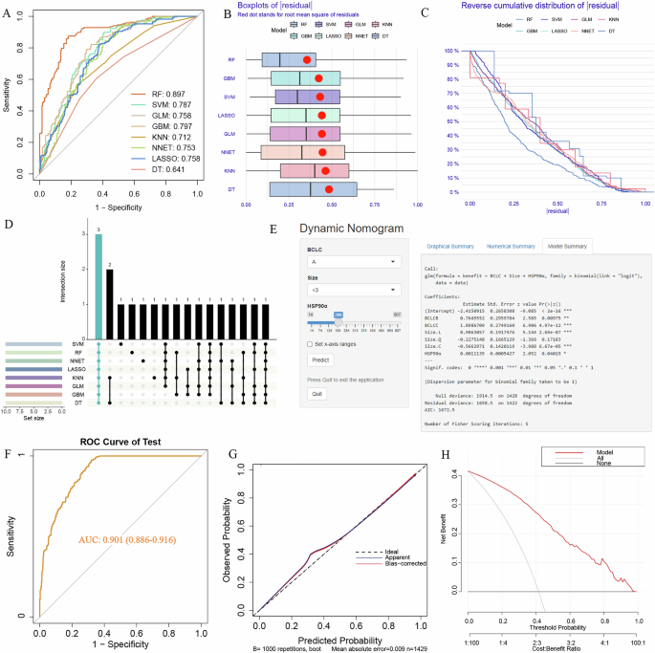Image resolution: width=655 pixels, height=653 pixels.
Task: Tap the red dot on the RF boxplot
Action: (307, 60)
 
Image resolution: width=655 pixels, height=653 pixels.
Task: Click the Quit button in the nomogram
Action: (317, 393)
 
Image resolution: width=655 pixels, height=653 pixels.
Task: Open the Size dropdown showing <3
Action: (353, 289)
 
